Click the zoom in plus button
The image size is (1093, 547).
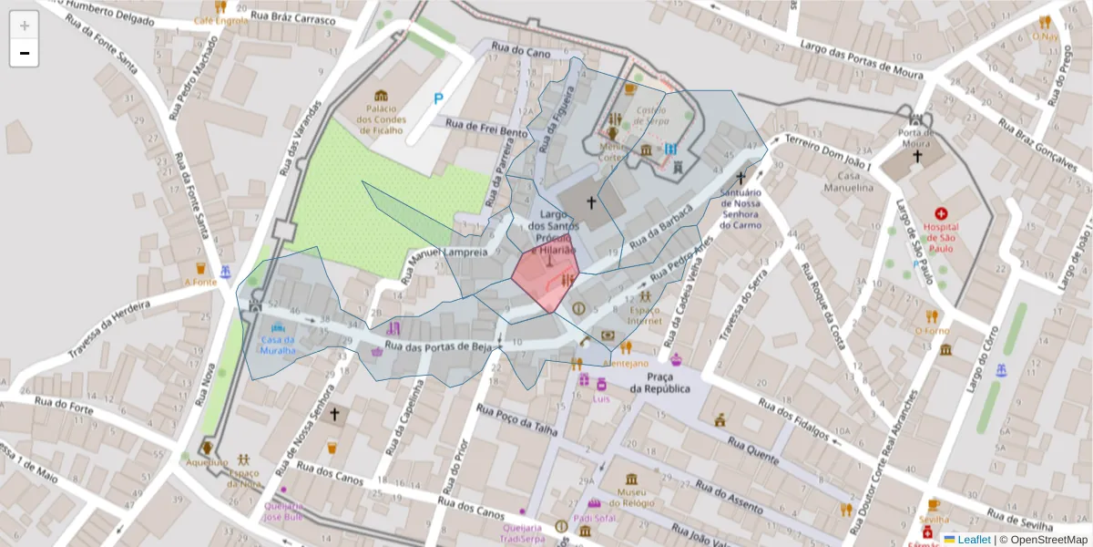point(25,26)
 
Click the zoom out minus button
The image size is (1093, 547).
point(25,53)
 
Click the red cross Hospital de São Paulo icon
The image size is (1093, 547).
point(941,212)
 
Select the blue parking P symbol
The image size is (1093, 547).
point(438,98)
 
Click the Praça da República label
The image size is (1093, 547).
point(659,383)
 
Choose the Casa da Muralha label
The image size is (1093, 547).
point(278,345)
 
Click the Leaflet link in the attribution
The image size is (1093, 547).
point(974,540)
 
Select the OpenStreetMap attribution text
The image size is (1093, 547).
point(1043,540)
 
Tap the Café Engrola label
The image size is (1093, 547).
point(220,20)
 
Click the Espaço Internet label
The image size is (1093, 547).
point(645,315)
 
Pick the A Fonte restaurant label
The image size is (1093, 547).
point(199,282)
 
